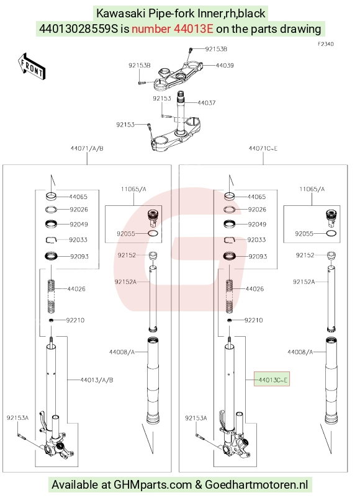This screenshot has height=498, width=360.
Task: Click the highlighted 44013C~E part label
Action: (x=272, y=380)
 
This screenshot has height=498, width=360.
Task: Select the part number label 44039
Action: (x=225, y=65)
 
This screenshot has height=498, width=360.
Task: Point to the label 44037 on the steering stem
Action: (x=207, y=103)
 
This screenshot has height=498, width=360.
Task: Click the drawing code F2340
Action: (x=326, y=44)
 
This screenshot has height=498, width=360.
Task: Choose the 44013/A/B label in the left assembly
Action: (x=97, y=380)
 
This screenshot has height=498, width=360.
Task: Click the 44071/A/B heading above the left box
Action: (x=87, y=148)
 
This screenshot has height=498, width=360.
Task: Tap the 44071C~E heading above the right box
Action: (x=263, y=148)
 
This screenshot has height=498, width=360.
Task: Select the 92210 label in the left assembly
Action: (x=75, y=320)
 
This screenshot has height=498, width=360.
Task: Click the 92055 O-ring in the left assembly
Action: (x=153, y=233)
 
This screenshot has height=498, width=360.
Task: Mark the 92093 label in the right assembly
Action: (x=258, y=256)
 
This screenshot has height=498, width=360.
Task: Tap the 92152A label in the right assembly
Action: (x=304, y=282)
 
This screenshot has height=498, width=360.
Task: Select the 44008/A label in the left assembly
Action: (x=122, y=352)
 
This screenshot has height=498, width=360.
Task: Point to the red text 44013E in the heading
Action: (x=193, y=29)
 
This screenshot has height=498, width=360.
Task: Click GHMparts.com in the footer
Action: (x=153, y=484)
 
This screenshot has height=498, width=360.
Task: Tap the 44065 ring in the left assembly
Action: (x=51, y=197)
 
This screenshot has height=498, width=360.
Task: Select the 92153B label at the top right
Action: (x=216, y=49)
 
